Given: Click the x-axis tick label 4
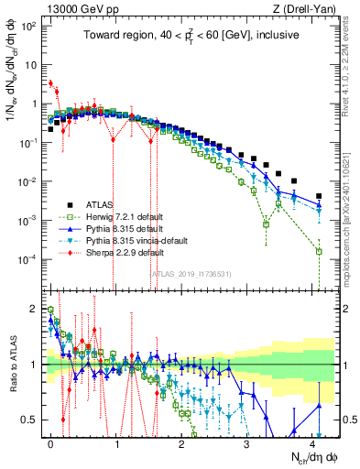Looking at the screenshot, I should click(x=313, y=442).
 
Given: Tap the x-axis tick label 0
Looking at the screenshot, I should click(x=50, y=442).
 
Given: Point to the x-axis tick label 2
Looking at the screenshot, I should click(x=182, y=442).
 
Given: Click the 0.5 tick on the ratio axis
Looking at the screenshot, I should click(x=34, y=420).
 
